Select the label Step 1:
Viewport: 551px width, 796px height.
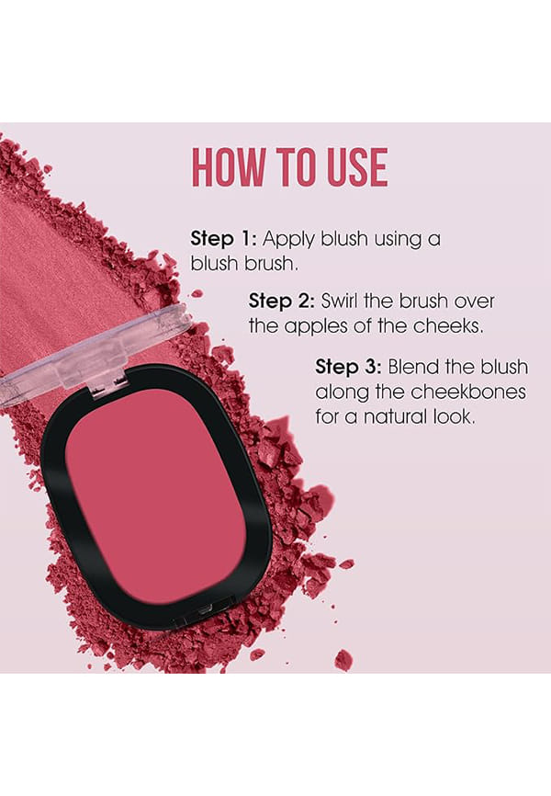(224, 239)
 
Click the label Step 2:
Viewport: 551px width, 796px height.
(282, 301)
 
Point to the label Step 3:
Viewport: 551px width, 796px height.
(349, 367)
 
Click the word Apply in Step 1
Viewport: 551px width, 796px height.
(288, 240)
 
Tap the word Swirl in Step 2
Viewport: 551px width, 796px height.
(340, 301)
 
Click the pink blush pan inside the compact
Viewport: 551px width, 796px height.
(155, 495)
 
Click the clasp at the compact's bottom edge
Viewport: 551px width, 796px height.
(205, 611)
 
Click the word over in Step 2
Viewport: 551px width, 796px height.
(474, 301)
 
